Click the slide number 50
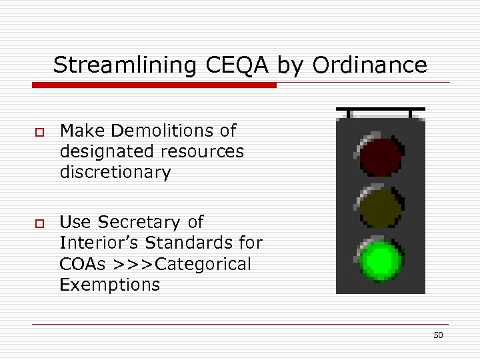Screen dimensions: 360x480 pos(438,335)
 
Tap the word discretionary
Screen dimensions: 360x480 pos(115,172)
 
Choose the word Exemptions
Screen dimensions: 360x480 pos(110,285)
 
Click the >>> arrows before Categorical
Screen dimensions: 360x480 pos(133,264)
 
